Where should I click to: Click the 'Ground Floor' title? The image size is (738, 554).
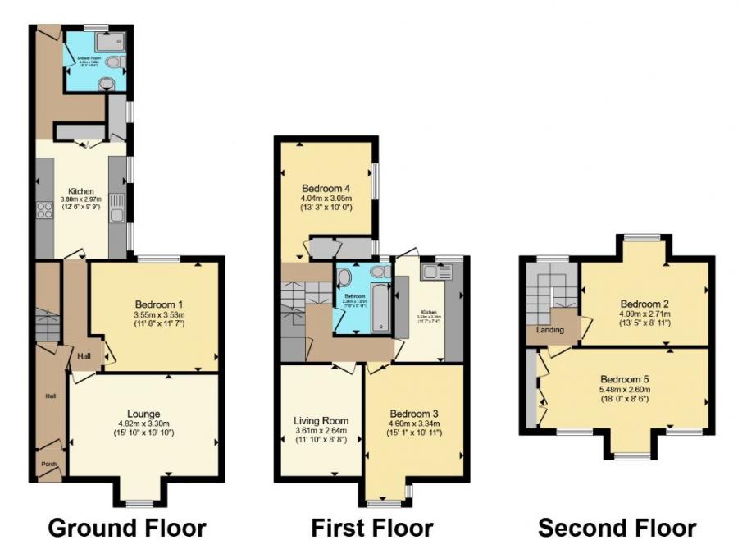pos(127,528)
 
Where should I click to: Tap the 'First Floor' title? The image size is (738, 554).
pos(371,528)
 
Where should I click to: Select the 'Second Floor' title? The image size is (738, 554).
pos(617,528)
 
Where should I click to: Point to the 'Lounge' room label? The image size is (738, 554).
pos(143,413)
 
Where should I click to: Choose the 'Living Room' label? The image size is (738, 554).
pos(321,420)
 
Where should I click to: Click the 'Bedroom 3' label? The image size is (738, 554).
pos(416,413)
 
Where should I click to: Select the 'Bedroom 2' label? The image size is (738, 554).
pos(645,300)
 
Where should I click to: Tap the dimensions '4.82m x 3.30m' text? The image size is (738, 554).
pos(143,423)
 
